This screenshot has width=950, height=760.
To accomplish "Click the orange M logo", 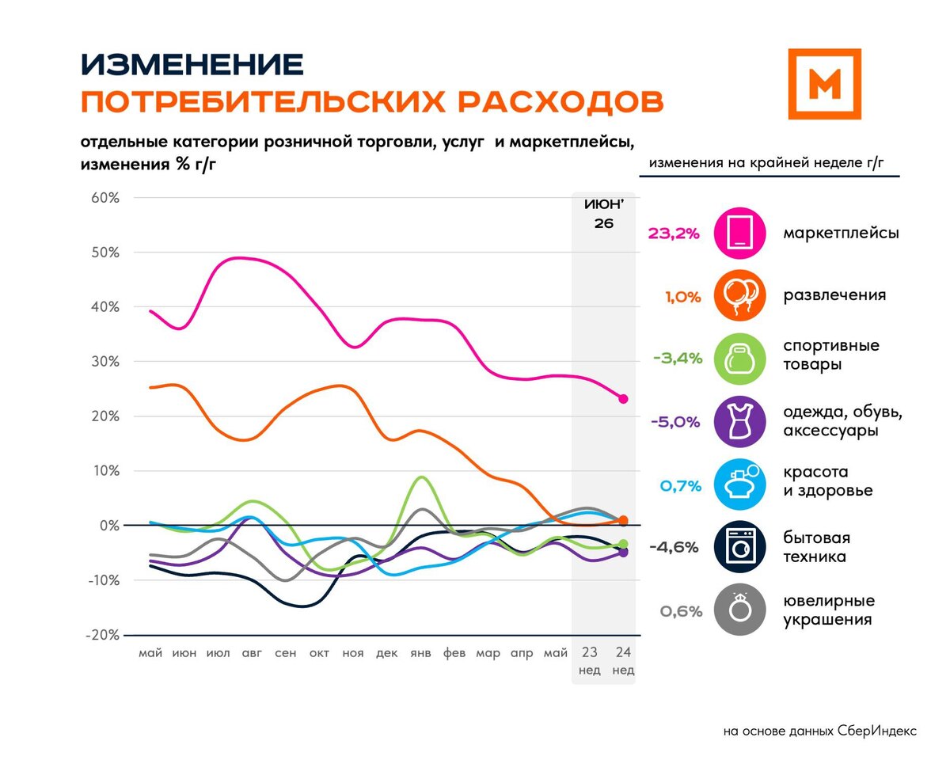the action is click(824, 84).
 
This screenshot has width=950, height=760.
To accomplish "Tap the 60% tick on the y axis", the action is click(105, 198).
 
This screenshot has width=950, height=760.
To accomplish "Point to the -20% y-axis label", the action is click(102, 635).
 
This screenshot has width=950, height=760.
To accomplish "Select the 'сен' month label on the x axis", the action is click(285, 653).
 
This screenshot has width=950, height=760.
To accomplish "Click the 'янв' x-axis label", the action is click(420, 653).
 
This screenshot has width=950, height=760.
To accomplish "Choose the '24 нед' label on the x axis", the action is click(623, 660).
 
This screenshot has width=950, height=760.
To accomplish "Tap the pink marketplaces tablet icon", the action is click(739, 233).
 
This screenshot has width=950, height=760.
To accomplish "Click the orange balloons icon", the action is click(739, 295).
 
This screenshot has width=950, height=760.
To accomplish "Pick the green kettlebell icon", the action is click(739, 359).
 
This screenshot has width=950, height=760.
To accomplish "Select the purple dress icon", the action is click(739, 422).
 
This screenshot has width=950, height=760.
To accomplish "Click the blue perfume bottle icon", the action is click(739, 484).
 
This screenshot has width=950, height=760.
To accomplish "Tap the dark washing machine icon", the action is click(739, 547).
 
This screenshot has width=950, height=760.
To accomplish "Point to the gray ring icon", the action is click(739, 610).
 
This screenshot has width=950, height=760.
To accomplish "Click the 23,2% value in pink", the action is click(674, 234).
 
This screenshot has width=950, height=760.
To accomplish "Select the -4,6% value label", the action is click(674, 548).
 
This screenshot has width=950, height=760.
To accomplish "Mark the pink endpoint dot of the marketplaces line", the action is click(623, 399).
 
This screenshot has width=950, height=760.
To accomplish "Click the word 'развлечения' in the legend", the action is click(834, 295).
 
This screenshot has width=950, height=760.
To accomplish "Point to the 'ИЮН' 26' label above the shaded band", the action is click(603, 214).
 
